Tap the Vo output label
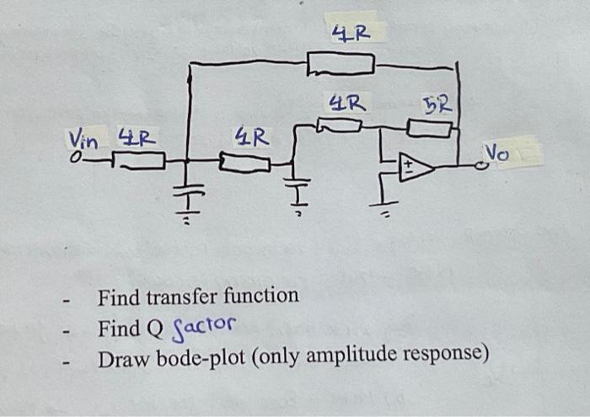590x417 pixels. tap(496, 152)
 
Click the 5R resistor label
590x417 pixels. tap(438, 105)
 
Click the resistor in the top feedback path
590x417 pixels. tap(340, 63)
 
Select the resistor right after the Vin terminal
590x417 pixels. tap(138, 160)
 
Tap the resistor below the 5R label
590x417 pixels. tap(430, 128)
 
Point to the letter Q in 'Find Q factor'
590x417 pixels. tap(156, 327)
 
